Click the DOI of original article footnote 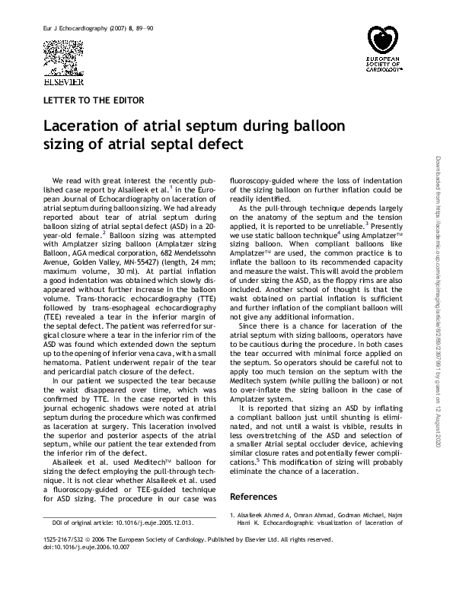click(123, 523)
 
